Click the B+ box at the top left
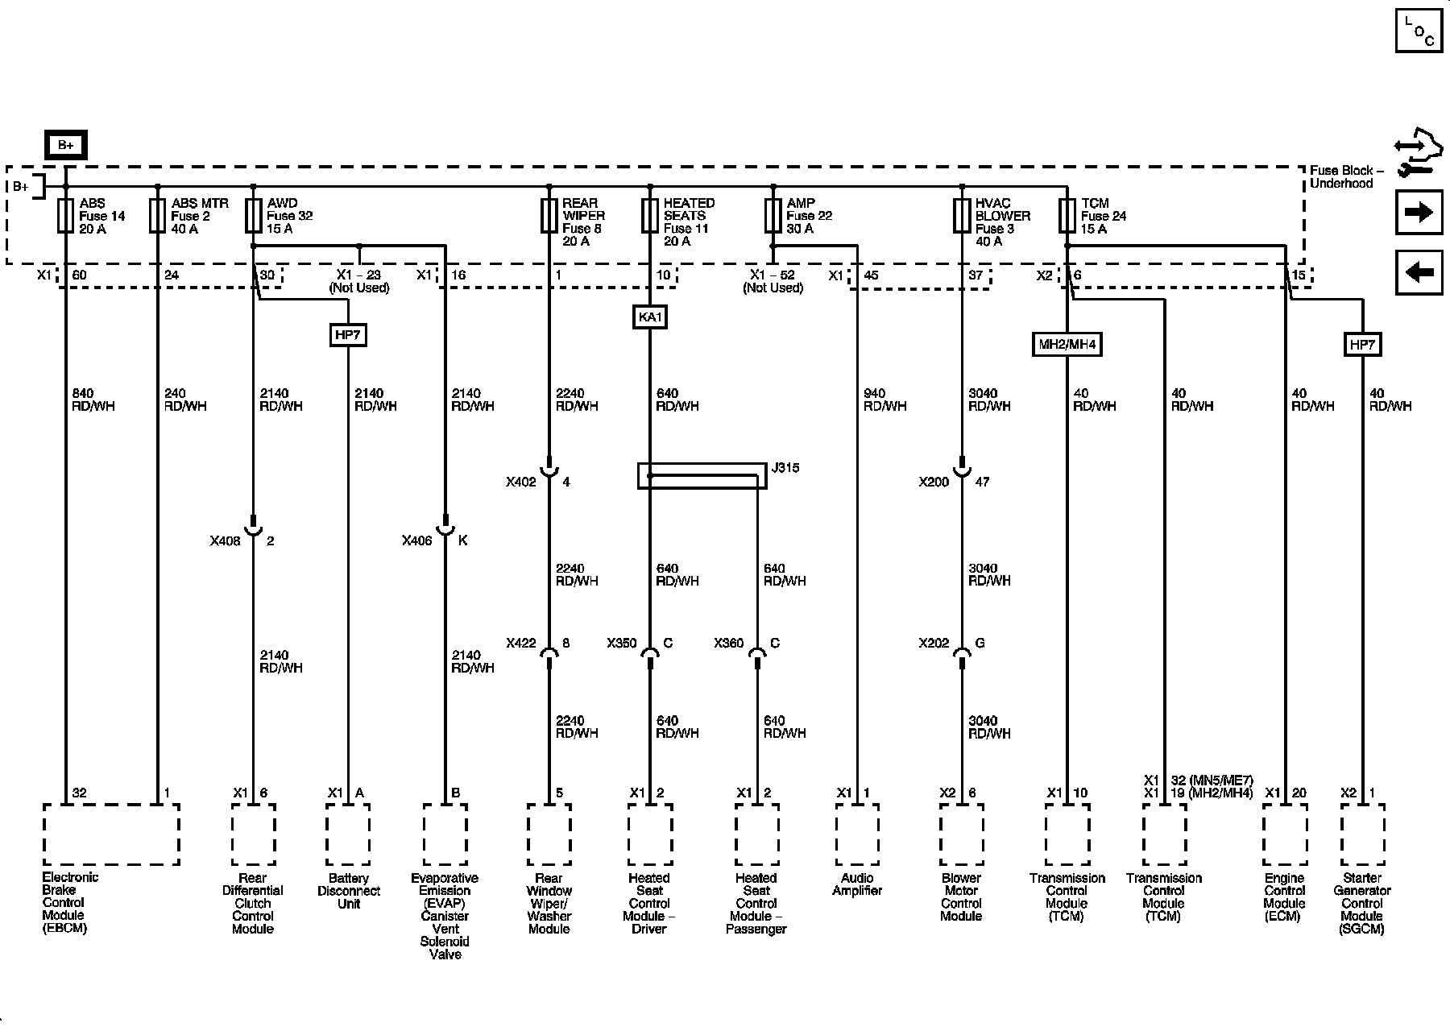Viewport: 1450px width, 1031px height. coord(65,145)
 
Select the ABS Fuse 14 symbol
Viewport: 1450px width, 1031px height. coord(66,216)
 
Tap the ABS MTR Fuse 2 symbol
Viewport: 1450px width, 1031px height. coord(158,216)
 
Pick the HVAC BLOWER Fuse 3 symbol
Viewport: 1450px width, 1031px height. coord(961,216)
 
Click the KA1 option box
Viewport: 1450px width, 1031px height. coord(649,317)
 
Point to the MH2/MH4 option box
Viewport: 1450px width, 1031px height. coord(1067,345)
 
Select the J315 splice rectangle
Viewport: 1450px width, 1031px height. coord(702,475)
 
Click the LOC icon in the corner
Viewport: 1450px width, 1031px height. coord(1419,31)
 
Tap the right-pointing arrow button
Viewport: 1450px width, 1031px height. coord(1419,212)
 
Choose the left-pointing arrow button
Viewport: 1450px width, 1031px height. coord(1419,272)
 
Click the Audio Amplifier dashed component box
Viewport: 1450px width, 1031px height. coord(857,834)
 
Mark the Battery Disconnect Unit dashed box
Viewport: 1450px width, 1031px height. coord(348,834)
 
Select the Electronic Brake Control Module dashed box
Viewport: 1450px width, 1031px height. coord(111,834)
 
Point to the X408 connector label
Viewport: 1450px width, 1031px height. coord(225,541)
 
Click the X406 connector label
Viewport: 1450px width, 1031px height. coord(417,541)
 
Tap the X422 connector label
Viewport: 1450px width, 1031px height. coord(521,644)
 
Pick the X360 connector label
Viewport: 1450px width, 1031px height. coord(729,644)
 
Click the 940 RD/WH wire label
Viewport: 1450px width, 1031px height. coord(884,400)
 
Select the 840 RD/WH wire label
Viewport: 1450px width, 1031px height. coord(93,400)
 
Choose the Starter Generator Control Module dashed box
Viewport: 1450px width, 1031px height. coord(1362,834)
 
